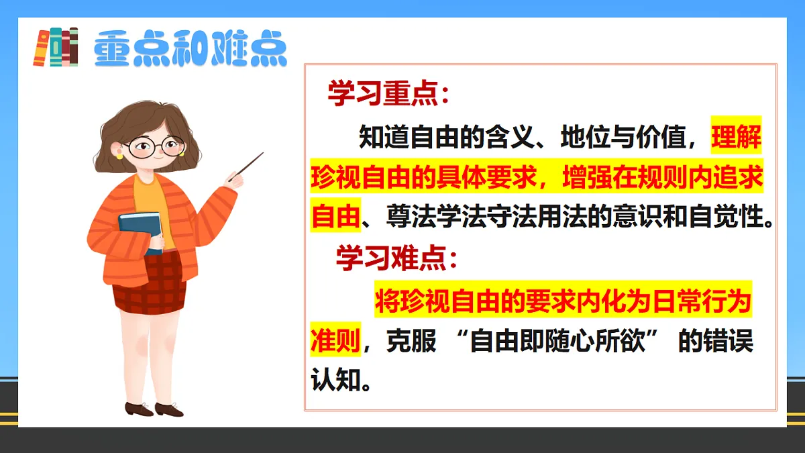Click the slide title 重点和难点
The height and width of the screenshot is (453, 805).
point(191,48)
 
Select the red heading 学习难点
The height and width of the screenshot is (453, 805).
point(396,259)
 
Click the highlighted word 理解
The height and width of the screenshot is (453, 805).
point(737,139)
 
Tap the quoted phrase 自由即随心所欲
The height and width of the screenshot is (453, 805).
point(557,342)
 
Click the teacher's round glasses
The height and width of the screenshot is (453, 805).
point(156,146)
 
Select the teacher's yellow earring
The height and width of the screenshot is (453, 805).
point(120,154)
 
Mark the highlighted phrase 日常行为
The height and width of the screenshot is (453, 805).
point(698,302)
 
